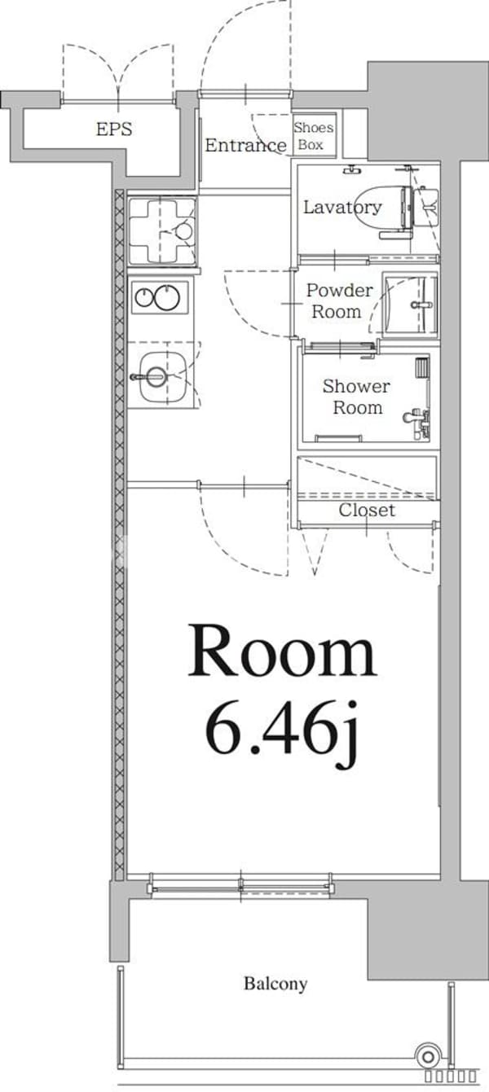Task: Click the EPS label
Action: [114, 129]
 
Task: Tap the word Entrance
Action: [244, 146]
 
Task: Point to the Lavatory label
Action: [341, 207]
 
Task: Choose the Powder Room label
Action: [339, 300]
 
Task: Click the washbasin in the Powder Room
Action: [411, 304]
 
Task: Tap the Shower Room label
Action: [356, 397]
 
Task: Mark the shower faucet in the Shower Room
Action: [416, 418]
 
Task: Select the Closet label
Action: [367, 511]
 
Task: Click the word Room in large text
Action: [282, 652]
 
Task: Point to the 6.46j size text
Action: [282, 726]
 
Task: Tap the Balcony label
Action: [275, 984]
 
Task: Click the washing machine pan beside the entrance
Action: [162, 231]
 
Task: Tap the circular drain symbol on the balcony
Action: [426, 1056]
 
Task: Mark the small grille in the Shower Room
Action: [421, 367]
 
